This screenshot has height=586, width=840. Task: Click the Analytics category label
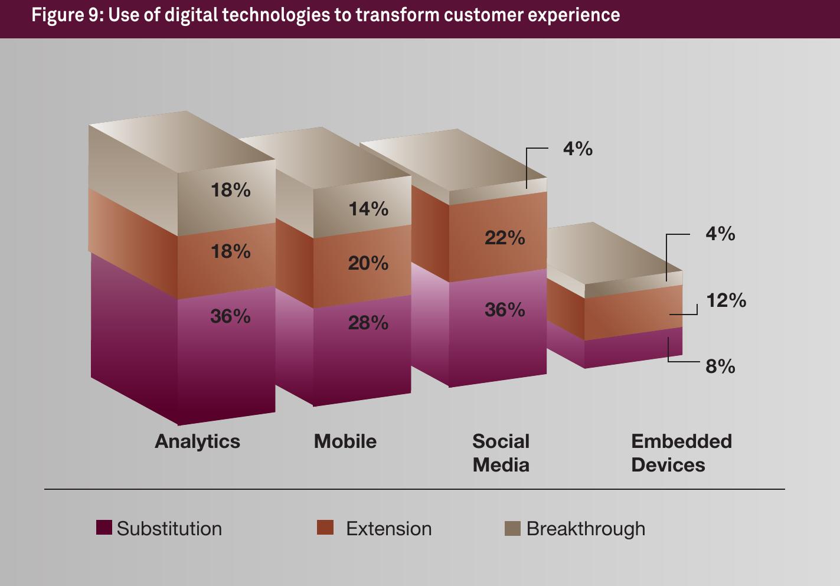(197, 441)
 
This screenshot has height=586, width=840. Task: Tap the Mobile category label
(345, 441)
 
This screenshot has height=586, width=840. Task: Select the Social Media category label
(501, 453)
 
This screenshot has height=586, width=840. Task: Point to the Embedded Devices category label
(681, 453)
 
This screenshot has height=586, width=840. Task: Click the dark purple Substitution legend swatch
(104, 528)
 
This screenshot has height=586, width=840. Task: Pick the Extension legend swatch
(325, 528)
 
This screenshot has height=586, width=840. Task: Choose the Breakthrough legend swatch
(512, 528)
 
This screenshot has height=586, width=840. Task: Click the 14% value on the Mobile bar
(368, 209)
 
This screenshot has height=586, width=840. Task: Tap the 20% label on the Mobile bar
(368, 263)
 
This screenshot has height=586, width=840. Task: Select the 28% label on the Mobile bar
(368, 323)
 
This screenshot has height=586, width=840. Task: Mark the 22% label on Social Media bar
(505, 238)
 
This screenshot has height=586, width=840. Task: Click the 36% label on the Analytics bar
(230, 316)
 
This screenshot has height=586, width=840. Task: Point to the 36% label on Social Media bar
(505, 310)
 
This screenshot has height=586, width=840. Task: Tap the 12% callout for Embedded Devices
(726, 300)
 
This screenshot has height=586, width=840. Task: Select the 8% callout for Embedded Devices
(720, 366)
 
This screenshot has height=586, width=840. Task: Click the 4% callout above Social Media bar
(577, 149)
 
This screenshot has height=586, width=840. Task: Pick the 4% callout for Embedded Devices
(720, 234)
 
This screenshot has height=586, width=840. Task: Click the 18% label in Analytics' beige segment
(230, 190)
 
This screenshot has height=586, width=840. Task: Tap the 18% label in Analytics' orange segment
(230, 251)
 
